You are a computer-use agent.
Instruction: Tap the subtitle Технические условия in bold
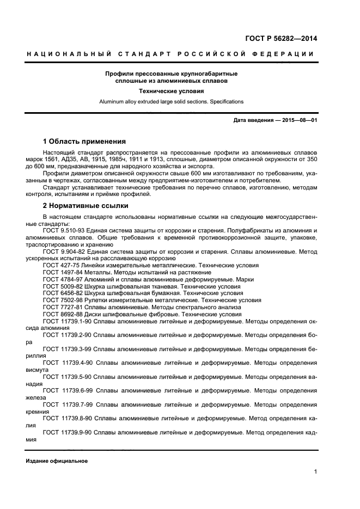click(171, 91)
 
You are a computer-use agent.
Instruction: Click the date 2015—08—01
click(298, 120)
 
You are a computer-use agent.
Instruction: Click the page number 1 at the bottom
click(315, 471)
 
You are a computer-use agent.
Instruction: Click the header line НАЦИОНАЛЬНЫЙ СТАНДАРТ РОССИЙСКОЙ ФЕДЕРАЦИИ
click(171, 54)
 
